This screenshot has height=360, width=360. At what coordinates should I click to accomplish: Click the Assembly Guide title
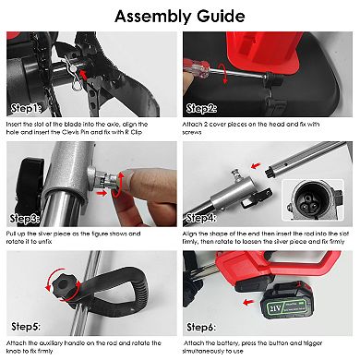click(x=180, y=17)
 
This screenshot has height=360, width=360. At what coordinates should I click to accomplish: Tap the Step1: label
click(x=26, y=109)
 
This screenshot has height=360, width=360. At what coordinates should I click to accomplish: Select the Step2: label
click(x=202, y=109)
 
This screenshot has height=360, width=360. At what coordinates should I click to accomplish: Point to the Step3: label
click(x=25, y=219)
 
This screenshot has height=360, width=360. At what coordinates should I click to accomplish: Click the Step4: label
click(x=201, y=218)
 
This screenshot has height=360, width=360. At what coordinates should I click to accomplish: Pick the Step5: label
click(x=26, y=327)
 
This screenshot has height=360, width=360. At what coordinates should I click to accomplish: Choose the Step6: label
click(x=201, y=328)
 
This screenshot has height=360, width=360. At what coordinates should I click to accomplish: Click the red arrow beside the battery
click(x=248, y=302)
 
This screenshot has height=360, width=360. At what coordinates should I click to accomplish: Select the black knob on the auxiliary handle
click(x=63, y=285)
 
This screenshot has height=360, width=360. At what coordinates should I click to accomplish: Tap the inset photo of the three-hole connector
click(x=313, y=200)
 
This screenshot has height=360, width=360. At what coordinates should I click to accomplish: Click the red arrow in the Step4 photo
click(x=256, y=166)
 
